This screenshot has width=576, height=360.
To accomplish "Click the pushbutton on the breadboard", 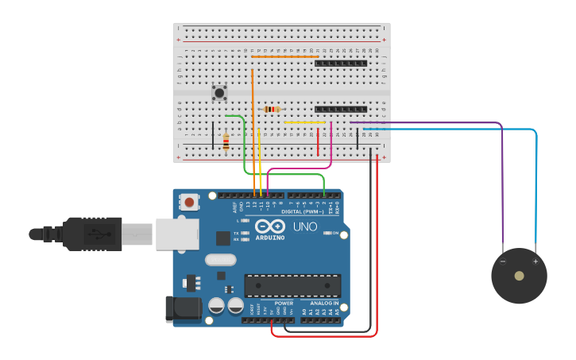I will [219, 93].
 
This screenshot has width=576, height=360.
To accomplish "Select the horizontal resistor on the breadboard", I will [272, 109].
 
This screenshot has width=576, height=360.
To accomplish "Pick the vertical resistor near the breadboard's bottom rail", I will [226, 141].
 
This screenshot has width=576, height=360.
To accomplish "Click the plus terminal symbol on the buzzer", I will [535, 261].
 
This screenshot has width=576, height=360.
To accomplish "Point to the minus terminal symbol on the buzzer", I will [502, 261].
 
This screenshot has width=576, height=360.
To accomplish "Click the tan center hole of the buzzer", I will [519, 276].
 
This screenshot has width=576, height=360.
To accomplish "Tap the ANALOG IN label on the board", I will [323, 303].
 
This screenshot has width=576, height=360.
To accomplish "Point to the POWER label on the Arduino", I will [284, 303].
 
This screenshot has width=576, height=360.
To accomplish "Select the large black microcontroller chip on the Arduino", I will [292, 285].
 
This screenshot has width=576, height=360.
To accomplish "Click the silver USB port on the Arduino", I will [176, 234].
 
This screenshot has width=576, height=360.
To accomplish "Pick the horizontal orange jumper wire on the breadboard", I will [284, 56].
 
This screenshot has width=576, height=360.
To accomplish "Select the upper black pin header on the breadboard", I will [341, 64].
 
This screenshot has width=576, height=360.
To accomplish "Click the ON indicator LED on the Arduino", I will [327, 233].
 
